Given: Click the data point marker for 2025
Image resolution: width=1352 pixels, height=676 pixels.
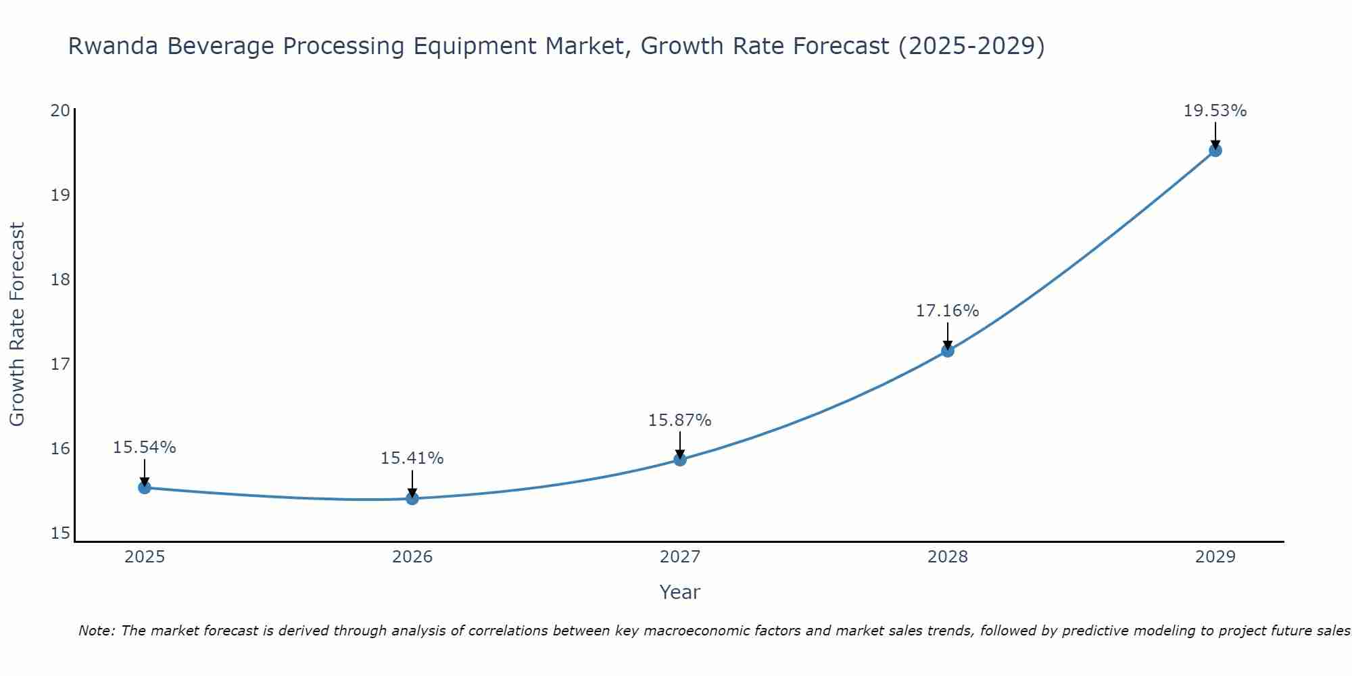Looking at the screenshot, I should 144,487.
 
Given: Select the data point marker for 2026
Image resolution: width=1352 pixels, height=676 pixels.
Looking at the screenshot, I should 412,498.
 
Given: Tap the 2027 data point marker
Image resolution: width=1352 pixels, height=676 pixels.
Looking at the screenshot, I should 680,460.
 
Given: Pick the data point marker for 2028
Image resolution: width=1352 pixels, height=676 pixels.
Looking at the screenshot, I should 948,350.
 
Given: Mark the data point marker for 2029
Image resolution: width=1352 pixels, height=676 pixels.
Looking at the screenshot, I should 1215,150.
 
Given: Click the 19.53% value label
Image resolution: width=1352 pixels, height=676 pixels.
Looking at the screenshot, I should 1215,111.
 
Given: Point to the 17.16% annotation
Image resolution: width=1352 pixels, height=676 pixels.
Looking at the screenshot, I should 947,311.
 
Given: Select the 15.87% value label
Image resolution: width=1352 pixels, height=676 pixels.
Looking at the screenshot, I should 679,420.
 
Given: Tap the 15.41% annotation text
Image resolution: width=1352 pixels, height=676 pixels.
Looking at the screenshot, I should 412,458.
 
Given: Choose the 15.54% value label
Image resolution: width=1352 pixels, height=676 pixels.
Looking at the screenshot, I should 144,448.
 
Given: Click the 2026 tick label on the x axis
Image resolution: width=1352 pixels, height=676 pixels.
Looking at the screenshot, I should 412,557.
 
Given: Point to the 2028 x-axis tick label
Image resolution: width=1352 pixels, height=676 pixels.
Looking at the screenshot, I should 948,557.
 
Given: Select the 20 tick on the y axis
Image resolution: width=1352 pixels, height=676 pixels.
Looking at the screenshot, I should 60,110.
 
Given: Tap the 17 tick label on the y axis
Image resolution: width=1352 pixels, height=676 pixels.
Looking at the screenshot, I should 60,364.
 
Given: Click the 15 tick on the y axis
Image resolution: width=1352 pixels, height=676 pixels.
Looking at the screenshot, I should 60,533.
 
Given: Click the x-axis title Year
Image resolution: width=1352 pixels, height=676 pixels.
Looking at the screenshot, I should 679,592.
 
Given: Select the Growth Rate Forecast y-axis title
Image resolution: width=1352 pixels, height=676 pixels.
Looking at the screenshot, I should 17,324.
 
